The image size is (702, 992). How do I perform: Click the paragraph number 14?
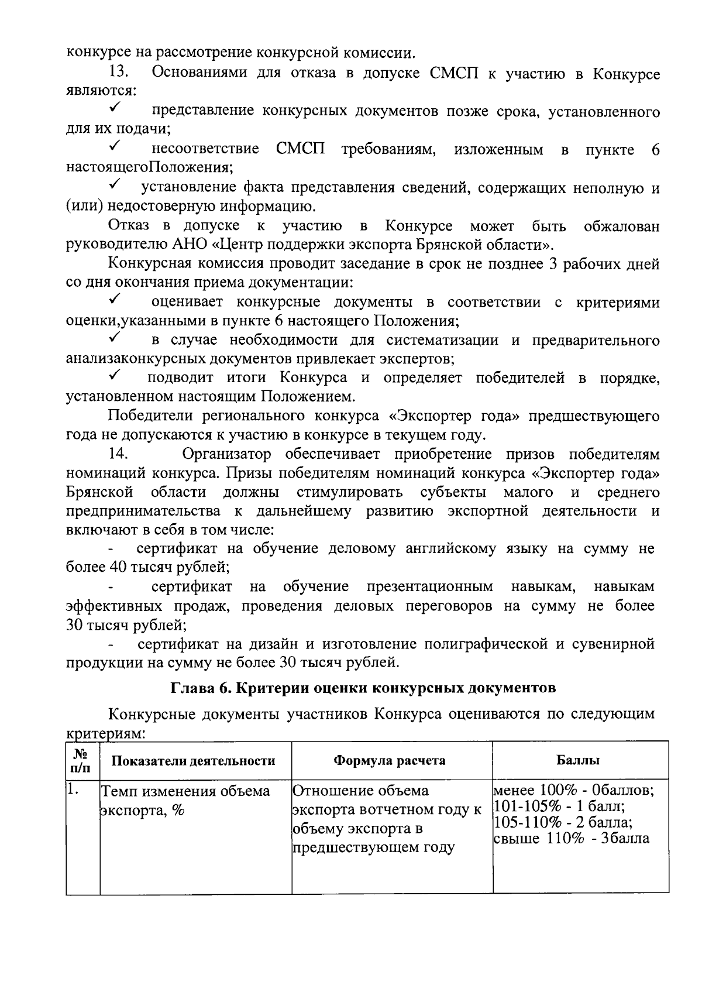point(119,454)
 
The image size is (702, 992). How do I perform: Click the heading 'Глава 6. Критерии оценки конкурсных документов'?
point(363,688)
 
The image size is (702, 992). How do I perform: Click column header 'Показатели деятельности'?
point(193,760)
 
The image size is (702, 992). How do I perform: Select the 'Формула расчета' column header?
point(390,760)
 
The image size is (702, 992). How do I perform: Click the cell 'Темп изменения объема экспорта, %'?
point(186,801)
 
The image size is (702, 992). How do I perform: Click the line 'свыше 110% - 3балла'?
point(571,838)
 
